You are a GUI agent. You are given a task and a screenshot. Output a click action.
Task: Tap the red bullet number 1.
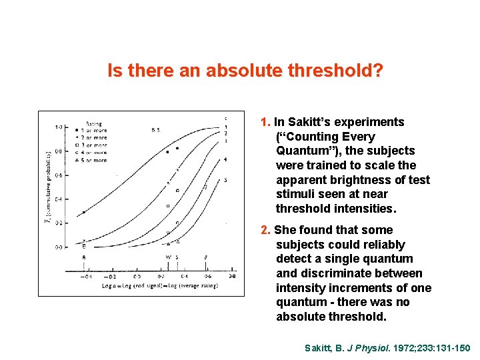(265, 122)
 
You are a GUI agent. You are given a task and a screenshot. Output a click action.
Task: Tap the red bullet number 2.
(265, 230)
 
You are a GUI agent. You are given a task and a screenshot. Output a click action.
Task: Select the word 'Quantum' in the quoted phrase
(303, 151)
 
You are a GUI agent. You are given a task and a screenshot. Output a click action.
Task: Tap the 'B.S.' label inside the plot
(156, 129)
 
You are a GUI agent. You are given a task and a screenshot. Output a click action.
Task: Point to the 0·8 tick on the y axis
(59, 151)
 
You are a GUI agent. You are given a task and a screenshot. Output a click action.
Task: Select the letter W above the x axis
(168, 257)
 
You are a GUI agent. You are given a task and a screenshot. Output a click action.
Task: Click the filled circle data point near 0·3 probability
(83, 213)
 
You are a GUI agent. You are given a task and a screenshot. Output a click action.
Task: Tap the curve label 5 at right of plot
(225, 180)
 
